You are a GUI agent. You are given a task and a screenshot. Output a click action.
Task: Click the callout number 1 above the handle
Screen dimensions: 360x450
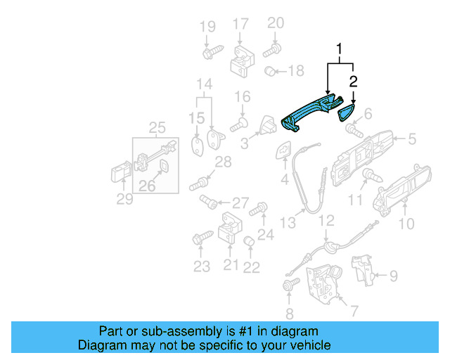click(x=340, y=51)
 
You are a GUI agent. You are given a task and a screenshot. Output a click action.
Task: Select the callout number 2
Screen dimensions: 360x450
click(x=354, y=82)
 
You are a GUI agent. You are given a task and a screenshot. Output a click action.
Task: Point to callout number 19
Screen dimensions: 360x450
click(x=207, y=27)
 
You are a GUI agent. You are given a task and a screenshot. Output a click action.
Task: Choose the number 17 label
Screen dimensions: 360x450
click(x=240, y=25)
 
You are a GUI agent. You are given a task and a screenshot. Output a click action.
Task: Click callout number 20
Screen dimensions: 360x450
click(x=276, y=22)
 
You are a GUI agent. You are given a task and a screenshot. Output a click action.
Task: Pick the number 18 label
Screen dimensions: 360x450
click(x=296, y=71)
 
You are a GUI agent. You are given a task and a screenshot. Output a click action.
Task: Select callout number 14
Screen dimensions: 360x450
click(x=204, y=84)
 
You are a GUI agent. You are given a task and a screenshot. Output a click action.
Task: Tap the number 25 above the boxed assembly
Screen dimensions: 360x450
click(x=157, y=127)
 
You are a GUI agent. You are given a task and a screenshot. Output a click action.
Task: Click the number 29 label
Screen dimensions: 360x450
click(x=124, y=199)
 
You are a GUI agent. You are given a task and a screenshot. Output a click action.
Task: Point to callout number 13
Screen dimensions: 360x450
click(x=288, y=223)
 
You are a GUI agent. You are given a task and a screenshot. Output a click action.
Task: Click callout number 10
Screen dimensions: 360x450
click(x=406, y=224)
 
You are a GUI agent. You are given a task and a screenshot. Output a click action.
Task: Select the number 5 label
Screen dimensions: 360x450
click(x=412, y=139)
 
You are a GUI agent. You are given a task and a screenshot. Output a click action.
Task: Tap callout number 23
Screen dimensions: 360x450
click(x=202, y=266)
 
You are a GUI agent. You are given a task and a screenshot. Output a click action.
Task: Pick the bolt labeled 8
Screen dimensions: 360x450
click(x=289, y=286)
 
